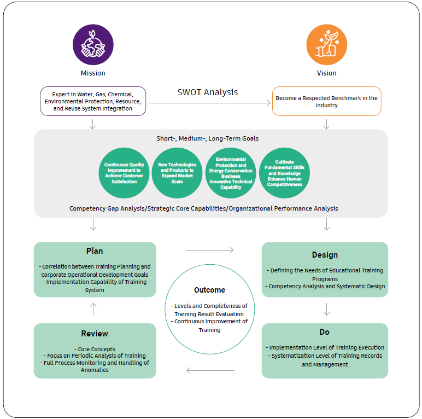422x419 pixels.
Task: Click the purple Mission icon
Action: click(93, 45)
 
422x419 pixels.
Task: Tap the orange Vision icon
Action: click(326, 45)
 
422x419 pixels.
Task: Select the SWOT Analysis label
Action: click(208, 92)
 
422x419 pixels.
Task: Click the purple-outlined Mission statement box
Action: click(93, 101)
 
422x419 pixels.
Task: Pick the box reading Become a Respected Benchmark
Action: click(326, 101)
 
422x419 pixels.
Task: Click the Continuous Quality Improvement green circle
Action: click(124, 173)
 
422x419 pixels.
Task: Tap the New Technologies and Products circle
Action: click(177, 173)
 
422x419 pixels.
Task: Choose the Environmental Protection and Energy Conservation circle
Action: click(231, 173)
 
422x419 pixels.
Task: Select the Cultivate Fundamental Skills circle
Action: click(284, 173)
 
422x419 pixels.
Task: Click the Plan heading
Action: click(95, 251)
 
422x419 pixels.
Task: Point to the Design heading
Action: click(325, 255)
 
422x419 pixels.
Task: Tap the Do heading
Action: click(325, 332)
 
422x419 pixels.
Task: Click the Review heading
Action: click(95, 333)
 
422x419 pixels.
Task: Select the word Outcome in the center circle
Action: click(209, 290)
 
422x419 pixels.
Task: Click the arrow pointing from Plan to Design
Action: click(209, 250)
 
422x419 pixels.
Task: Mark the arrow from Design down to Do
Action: click(326, 310)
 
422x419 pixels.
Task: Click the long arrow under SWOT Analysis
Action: click(210, 102)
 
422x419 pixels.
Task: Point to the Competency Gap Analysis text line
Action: click(203, 208)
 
